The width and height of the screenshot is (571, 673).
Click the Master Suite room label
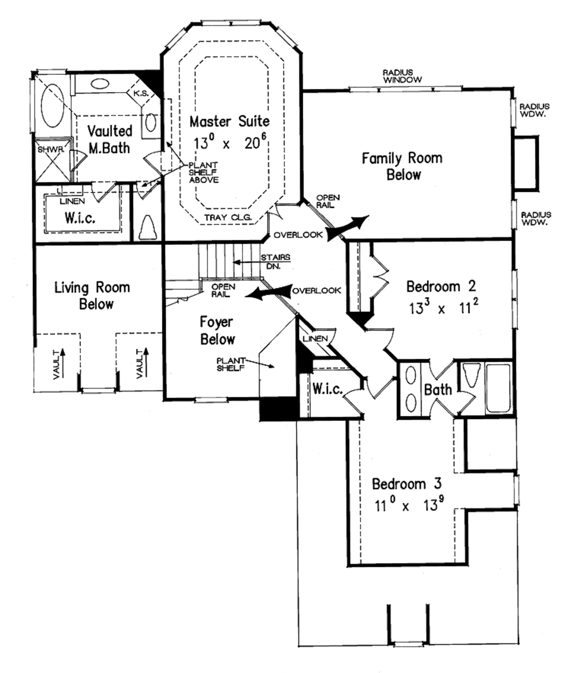tap(229, 121)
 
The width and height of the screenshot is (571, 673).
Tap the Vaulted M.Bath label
tap(110, 139)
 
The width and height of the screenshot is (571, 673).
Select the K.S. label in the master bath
tap(140, 94)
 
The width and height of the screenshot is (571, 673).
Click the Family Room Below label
tap(402, 166)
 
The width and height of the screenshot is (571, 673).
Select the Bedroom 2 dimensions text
tap(441, 309)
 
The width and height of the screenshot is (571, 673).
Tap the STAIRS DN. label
tap(275, 262)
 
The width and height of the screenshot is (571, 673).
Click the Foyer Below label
tap(217, 330)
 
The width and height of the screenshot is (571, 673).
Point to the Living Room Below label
tap(92, 296)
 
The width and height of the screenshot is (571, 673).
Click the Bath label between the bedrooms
tap(438, 389)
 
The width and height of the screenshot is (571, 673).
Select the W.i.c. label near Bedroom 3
tap(327, 389)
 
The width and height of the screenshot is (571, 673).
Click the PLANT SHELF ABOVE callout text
tap(203, 172)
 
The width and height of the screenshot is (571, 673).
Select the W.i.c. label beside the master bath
tap(79, 218)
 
